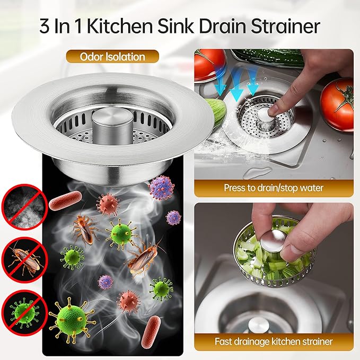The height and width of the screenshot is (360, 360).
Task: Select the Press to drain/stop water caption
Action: [274, 187]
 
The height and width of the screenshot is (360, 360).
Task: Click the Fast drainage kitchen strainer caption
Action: [274, 341]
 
